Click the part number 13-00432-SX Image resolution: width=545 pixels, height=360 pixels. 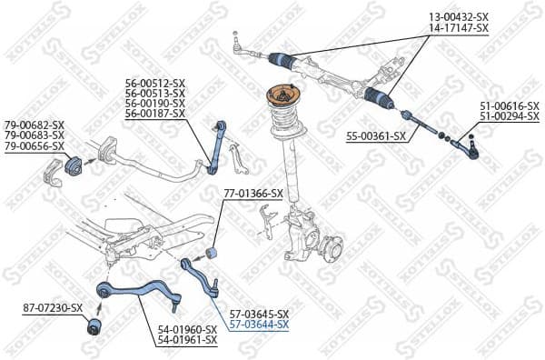[x=459, y=17]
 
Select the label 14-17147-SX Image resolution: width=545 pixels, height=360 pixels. [x=459, y=28]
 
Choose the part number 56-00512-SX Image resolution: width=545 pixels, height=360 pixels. [x=155, y=83]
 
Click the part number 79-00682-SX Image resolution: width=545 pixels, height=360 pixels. [x=34, y=124]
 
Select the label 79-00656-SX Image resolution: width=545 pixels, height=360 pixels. [x=34, y=145]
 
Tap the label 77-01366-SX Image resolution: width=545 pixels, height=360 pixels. [x=253, y=194]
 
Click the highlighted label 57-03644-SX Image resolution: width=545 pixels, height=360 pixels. [x=259, y=325]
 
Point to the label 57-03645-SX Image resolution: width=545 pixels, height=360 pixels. [x=259, y=314]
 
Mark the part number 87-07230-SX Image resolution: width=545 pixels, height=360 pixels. [x=53, y=308]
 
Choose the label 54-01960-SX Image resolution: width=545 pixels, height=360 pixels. [x=188, y=329]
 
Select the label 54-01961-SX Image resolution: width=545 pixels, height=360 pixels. [x=188, y=340]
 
